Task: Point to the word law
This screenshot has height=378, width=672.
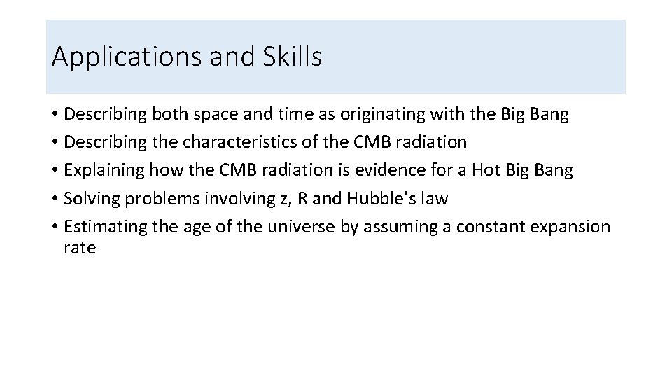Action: tap(434, 199)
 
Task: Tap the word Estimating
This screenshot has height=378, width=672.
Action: tap(102, 227)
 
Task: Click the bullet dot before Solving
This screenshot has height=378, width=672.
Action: tap(55, 199)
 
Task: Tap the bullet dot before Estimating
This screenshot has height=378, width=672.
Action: tap(55, 227)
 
